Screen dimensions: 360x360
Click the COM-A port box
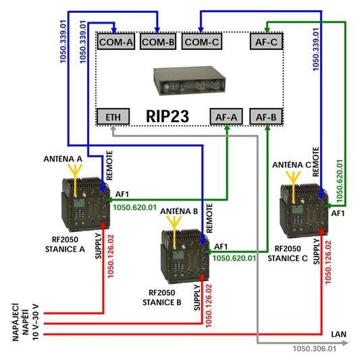(x=116, y=42)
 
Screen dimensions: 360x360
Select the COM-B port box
(x=158, y=42)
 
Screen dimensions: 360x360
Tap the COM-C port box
(x=201, y=42)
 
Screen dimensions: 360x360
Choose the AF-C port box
(x=266, y=42)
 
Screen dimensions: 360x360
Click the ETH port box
(x=113, y=117)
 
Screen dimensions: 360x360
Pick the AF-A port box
(x=226, y=117)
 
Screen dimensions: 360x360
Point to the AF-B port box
(x=266, y=117)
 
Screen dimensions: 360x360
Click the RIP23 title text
(x=168, y=116)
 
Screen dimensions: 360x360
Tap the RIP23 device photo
(x=190, y=80)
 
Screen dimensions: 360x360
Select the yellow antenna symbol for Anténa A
(x=75, y=180)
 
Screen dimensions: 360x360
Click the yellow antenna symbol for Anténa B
(x=174, y=232)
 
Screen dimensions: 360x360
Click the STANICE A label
(x=65, y=249)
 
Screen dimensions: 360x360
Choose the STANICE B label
(x=162, y=303)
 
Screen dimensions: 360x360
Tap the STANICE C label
(x=288, y=258)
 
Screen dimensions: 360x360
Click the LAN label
(x=338, y=334)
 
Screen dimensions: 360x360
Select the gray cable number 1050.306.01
(x=314, y=349)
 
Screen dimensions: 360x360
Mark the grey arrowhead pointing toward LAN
(x=345, y=343)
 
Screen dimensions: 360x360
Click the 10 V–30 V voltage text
(x=35, y=322)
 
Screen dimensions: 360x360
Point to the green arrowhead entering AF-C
(x=267, y=30)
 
